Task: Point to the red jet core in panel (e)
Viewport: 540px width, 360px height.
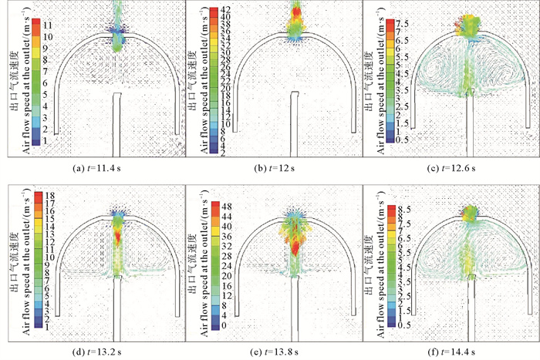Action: tap(295, 245)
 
